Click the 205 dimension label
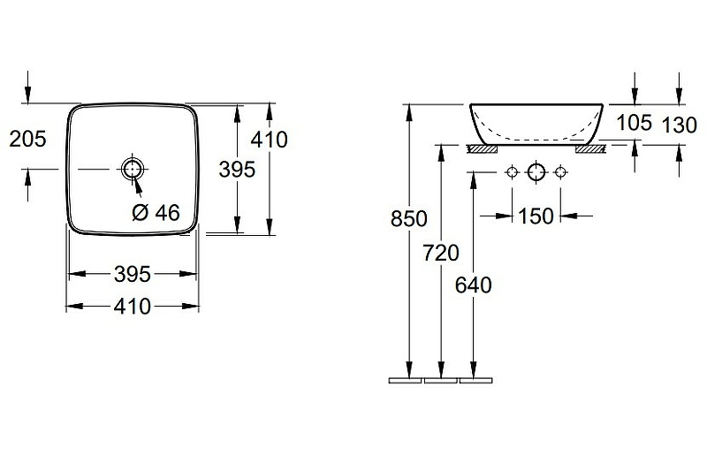27,139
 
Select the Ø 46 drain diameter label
156,212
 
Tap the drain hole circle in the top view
132,169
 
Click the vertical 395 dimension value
237,170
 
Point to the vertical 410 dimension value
270,140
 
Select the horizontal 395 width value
132,274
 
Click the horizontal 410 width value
132,307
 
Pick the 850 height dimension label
409,219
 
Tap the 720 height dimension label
441,253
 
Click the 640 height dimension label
474,285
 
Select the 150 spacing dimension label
536,216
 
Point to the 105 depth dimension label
634,123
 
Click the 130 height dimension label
680,125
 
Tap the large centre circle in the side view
536,171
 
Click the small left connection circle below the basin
513,171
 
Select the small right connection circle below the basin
560,171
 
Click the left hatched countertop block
482,149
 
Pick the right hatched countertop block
590,149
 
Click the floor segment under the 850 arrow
405,381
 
